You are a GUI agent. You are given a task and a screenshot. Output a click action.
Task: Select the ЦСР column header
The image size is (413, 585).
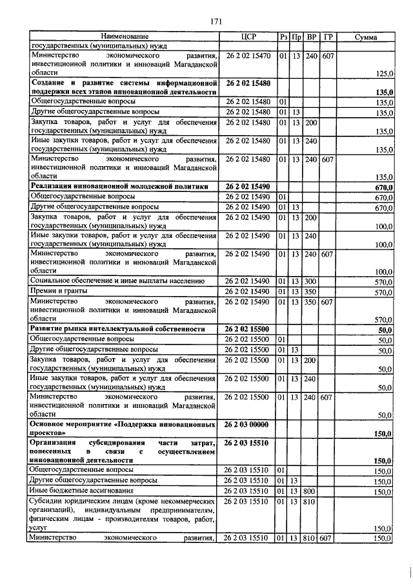[248, 37]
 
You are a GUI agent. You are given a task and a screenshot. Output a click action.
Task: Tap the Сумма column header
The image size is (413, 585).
[365, 37]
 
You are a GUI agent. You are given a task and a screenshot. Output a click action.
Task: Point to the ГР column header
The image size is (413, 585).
[328, 37]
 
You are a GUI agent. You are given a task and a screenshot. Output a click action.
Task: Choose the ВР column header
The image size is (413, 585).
[312, 37]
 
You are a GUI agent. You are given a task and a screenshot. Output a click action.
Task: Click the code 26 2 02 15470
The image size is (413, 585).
[248, 56]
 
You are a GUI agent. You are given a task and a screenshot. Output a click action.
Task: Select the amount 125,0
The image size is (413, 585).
[385, 74]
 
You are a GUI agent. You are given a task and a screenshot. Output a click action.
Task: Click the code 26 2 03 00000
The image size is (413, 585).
[248, 424]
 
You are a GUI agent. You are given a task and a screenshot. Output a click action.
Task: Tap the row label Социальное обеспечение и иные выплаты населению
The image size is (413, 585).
[117, 281]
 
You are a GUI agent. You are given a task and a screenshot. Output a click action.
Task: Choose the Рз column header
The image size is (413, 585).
[283, 37]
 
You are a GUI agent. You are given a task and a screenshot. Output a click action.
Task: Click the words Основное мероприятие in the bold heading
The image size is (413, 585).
[71, 424]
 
